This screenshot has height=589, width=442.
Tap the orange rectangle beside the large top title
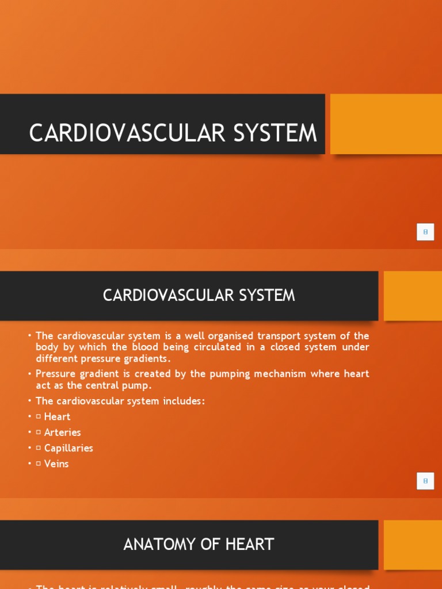tap(386, 124)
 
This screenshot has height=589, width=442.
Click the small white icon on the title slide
tap(425, 232)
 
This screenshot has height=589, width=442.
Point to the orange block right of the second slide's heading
tap(412, 296)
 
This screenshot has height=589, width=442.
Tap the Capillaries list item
tap(68, 448)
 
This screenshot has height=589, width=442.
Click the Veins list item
tap(56, 464)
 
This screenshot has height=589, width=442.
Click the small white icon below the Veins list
tap(425, 481)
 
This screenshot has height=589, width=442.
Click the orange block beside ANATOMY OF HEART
tap(412, 545)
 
